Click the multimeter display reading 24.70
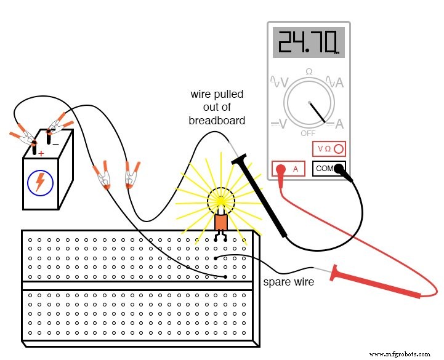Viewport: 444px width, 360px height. [x=309, y=43]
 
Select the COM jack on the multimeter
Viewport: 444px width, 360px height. [x=329, y=168]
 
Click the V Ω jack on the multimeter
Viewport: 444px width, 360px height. [x=329, y=149]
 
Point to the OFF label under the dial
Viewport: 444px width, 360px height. [x=309, y=133]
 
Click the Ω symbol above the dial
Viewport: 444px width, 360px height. [x=309, y=71]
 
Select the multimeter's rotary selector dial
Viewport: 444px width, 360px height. [x=309, y=102]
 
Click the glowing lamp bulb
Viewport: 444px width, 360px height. [x=221, y=200]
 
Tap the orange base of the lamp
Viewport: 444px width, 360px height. [x=221, y=222]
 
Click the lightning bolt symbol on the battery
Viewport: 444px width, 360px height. [x=39, y=182]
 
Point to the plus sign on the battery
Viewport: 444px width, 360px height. [x=41, y=153]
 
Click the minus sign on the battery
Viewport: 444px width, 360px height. [x=55, y=143]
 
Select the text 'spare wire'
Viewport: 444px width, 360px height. [x=288, y=282]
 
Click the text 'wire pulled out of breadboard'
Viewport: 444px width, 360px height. [x=216, y=108]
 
